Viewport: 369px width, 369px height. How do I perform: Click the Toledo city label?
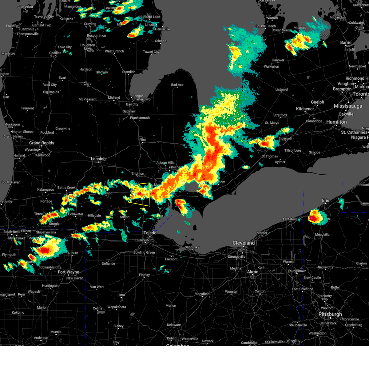pos(150,233)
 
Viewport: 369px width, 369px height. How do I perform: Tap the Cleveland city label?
pos(244,243)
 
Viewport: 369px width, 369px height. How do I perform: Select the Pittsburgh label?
pos(330,314)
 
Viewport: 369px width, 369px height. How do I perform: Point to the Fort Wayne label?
pos(68,272)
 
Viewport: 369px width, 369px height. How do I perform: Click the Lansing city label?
pos(98,159)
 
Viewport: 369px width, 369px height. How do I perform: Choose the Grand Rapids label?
pos(42,143)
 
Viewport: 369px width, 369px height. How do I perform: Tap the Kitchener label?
pos(305,109)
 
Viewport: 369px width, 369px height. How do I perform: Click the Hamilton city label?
pos(336,122)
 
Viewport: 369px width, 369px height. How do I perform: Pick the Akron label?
pos(253,272)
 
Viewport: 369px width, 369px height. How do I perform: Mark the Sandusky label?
pos(192,247)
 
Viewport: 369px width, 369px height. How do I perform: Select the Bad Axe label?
pos(177,85)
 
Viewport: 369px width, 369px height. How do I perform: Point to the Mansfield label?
pos(202,294)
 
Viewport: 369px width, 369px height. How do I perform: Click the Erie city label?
pos(326,200)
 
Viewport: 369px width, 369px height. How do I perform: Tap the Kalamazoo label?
pos(46,190)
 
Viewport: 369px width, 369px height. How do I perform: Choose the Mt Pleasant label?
pos(87,99)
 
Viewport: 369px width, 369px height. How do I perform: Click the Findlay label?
pos(144,275)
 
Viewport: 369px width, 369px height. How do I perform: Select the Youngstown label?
pos(297,271)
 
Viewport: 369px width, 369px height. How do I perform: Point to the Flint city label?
pos(142,140)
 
